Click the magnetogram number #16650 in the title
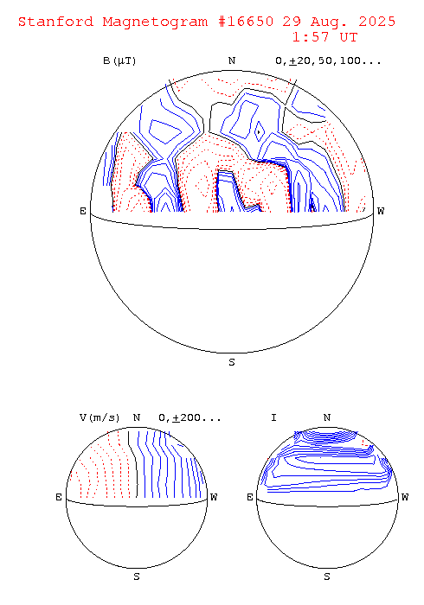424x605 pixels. tap(246, 22)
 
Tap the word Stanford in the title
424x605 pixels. tap(55, 22)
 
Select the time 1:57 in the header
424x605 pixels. tap(312, 37)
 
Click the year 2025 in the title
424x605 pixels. tap(377, 22)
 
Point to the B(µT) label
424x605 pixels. tap(119, 61)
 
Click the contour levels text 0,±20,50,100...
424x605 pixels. tap(328, 61)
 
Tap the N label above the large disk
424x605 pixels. tap(232, 60)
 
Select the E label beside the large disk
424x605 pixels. tap(83, 211)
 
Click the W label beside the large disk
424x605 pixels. tap(381, 211)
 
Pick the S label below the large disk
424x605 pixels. tap(232, 362)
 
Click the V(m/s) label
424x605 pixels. tap(100, 417)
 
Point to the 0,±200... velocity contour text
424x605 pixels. tap(190, 417)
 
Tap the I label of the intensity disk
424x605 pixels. tap(273, 417)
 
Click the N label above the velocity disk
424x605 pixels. tap(137, 417)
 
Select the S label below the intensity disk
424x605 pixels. tap(327, 576)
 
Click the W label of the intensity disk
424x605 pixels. tap(405, 497)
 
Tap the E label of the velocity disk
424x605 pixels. tap(59, 497)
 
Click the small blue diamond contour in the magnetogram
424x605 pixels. tap(260, 131)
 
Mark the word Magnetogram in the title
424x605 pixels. tap(155, 22)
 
